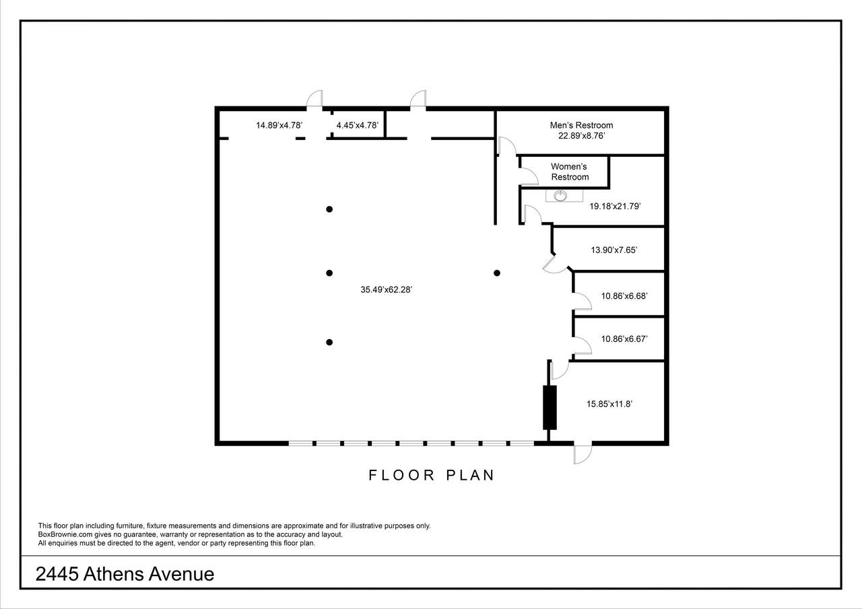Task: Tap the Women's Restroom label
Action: click(x=570, y=172)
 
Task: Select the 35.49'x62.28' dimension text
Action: click(x=386, y=289)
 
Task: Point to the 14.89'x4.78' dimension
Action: click(x=279, y=125)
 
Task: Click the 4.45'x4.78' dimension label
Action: click(x=357, y=125)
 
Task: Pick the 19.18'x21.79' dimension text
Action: click(x=615, y=206)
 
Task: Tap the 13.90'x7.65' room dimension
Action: click(x=614, y=250)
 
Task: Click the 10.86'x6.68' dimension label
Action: click(x=624, y=295)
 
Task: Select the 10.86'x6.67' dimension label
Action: click(x=624, y=338)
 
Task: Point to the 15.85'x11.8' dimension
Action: click(x=609, y=404)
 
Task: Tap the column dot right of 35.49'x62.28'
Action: click(x=497, y=273)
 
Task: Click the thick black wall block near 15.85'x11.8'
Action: click(x=550, y=408)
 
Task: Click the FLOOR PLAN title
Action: click(x=432, y=475)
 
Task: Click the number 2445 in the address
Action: click(x=57, y=574)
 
